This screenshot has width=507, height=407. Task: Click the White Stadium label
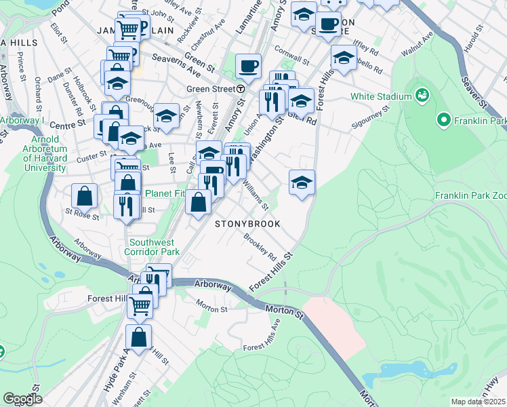(x=381, y=96)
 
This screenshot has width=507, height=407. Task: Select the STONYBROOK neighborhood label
(x=247, y=223)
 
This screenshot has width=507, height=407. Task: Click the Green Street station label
(x=210, y=89)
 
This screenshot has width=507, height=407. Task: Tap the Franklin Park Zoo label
(x=470, y=195)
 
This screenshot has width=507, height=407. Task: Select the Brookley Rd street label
(x=260, y=248)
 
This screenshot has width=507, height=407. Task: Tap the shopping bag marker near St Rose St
(x=84, y=195)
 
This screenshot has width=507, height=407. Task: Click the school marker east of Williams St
(x=302, y=182)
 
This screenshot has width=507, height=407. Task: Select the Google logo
(x=22, y=399)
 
